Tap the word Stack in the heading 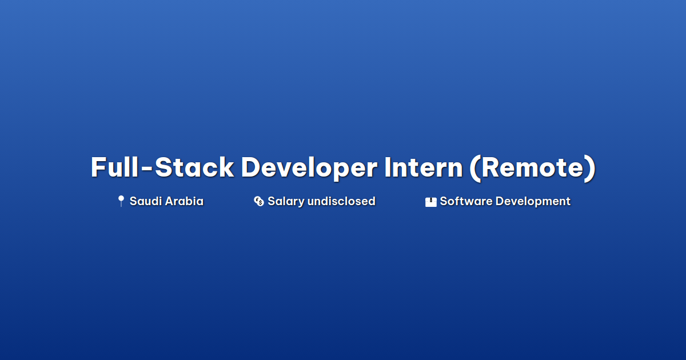[x=194, y=167]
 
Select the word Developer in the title [x=309, y=169]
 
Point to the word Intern [x=424, y=167]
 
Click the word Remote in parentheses [x=533, y=167]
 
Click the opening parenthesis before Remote [x=475, y=169]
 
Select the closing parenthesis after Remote [x=590, y=169]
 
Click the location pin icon [x=121, y=201]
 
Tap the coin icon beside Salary [x=259, y=201]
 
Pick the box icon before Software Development [x=430, y=202]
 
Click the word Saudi [x=146, y=201]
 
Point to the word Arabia [x=185, y=201]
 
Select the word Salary [x=286, y=202]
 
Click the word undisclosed [x=341, y=201]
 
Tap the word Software [x=466, y=201]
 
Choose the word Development [x=533, y=202]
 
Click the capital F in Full [x=98, y=167]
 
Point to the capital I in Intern [x=388, y=167]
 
